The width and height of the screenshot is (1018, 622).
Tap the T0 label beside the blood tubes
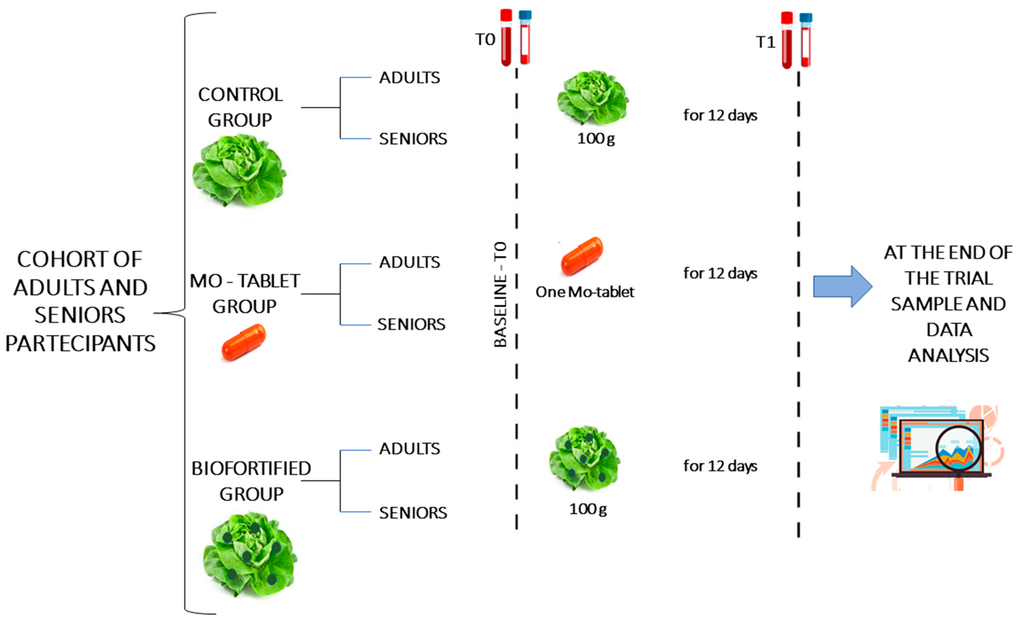(485, 40)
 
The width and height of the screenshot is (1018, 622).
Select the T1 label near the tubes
(765, 42)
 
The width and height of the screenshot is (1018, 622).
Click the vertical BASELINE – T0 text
(500, 294)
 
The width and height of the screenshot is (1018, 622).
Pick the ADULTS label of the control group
(409, 78)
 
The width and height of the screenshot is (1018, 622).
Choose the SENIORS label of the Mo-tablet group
(411, 324)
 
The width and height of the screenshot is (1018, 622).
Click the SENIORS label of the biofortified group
(413, 512)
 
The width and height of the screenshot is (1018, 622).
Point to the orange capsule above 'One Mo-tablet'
(582, 256)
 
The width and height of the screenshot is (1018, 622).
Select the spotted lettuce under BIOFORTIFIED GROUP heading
(250, 553)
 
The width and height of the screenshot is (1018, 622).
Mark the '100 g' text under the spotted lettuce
(588, 509)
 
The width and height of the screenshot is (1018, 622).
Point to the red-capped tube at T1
(787, 40)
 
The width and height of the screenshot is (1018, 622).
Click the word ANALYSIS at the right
(948, 355)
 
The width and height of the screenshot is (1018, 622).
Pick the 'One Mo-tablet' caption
(585, 292)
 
